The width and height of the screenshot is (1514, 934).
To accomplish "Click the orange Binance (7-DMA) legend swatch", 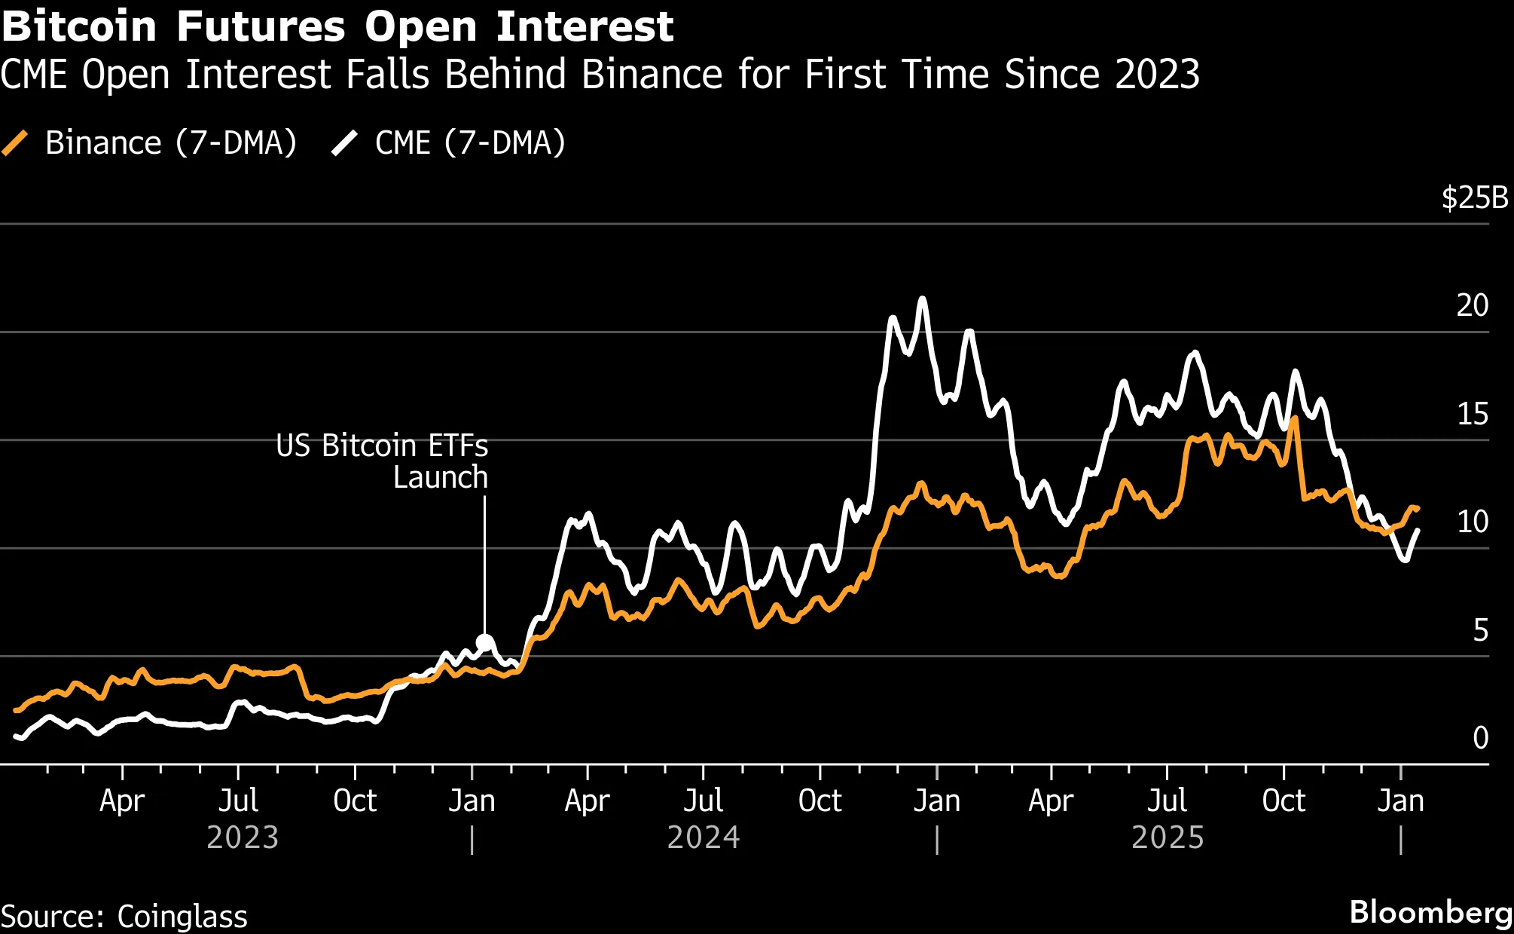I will coord(15,142).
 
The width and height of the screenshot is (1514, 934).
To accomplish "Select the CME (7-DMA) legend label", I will coord(470,142).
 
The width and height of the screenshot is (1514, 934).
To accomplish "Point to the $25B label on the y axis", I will coord(1474,198).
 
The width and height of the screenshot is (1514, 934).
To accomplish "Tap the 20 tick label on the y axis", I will coord(1472,305).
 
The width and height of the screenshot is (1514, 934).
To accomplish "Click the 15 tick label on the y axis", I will coord(1472,414).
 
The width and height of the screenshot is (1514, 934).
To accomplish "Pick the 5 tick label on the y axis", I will coord(1480,630).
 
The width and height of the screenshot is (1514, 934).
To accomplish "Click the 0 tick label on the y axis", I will coord(1480,738).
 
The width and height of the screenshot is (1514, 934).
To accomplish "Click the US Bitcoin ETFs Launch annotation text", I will coord(382,461).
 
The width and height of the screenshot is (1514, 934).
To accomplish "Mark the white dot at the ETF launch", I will coord(485,643).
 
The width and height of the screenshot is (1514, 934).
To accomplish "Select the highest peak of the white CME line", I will coord(922,299).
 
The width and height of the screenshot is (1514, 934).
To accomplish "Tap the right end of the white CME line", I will coord(1418,531).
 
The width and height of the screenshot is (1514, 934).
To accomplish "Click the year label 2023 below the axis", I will coord(243,838).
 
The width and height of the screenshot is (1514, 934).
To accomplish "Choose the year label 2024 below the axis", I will coord(704,838).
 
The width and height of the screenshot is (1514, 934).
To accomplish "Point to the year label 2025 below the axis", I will coord(1168,838).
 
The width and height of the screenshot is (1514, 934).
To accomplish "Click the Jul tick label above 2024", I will coord(703,801).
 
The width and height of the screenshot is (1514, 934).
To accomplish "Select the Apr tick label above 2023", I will coord(122,801).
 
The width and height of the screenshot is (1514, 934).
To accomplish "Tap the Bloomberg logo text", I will coord(1430,912).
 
